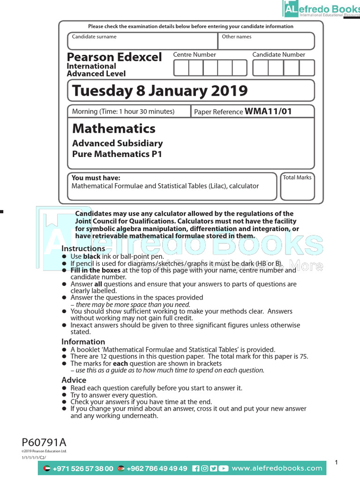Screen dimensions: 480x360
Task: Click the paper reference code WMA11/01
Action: tap(268, 112)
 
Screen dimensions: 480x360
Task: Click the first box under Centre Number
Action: tap(181, 68)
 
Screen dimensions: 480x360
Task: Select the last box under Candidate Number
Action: tap(307, 68)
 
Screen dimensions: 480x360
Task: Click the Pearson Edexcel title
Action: tap(114, 57)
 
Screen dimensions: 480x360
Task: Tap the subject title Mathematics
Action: tap(114, 128)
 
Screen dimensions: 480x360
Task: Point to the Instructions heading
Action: tap(83, 248)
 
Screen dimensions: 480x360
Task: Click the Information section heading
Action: tap(83, 342)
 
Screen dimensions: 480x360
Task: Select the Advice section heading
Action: tap(74, 380)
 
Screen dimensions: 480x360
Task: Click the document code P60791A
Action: tap(44, 442)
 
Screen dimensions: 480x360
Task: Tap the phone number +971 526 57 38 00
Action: tap(82, 468)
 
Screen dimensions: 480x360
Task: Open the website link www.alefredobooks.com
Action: tap(277, 468)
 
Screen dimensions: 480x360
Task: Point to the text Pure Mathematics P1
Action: tap(117, 154)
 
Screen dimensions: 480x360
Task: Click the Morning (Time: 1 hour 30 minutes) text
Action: tap(123, 112)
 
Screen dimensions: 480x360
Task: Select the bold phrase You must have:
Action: tap(96, 178)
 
